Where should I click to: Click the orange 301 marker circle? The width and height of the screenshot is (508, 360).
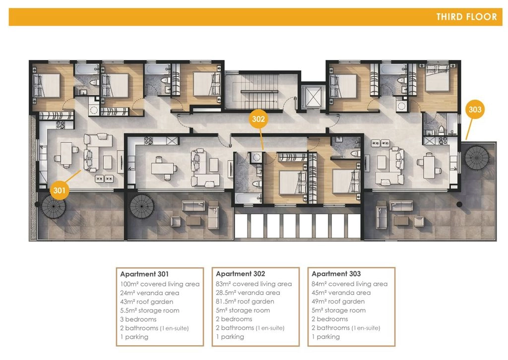[x=60, y=190]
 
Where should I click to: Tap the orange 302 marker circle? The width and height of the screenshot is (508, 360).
[x=258, y=119]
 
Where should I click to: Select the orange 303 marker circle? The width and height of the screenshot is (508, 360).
[x=475, y=110]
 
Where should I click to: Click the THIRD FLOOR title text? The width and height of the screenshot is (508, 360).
[x=466, y=17]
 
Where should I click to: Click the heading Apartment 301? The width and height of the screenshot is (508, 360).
[x=144, y=274]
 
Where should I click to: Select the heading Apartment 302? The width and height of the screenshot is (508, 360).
[x=241, y=274]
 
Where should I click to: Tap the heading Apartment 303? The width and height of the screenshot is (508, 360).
[x=336, y=274]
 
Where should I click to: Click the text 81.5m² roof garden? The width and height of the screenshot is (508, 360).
[x=245, y=301]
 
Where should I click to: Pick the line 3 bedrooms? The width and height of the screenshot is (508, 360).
[x=138, y=319]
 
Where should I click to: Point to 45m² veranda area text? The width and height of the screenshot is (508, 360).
[x=341, y=293]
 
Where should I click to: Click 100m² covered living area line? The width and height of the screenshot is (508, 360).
[x=160, y=284]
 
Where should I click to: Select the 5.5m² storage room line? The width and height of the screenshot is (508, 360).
[x=150, y=310]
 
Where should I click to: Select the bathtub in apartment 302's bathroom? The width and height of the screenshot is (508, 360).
[x=248, y=198]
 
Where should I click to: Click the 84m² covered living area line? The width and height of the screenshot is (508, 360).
[x=350, y=284]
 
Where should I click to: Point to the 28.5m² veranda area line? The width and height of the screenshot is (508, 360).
[x=248, y=293]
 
